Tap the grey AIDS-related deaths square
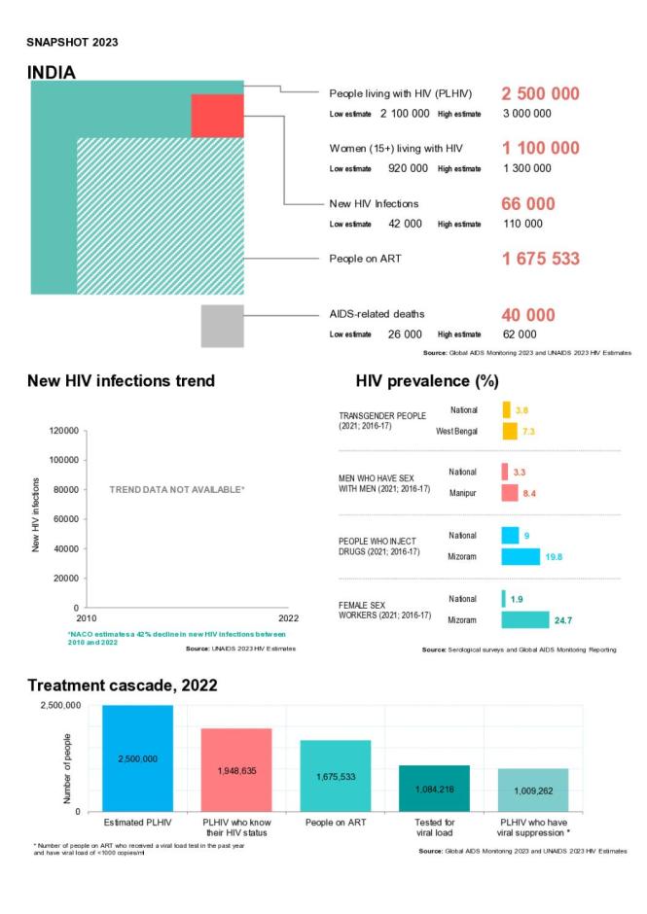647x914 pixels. (x=222, y=326)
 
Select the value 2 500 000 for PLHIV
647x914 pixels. (x=540, y=94)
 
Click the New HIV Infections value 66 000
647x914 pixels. (x=528, y=204)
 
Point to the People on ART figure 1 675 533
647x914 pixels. (x=540, y=259)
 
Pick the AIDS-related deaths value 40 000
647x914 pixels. (x=528, y=315)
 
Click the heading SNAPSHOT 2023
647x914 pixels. (x=72, y=42)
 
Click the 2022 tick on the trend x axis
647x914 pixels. (x=289, y=617)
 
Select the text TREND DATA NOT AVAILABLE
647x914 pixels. (x=176, y=490)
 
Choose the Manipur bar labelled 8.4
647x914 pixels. (x=510, y=493)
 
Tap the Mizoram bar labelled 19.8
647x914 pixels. (x=521, y=556)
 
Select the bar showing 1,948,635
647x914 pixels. (x=236, y=769)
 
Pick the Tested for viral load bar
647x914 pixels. (x=434, y=788)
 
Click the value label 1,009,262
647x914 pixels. (x=533, y=790)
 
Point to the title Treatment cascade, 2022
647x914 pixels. (x=122, y=685)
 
